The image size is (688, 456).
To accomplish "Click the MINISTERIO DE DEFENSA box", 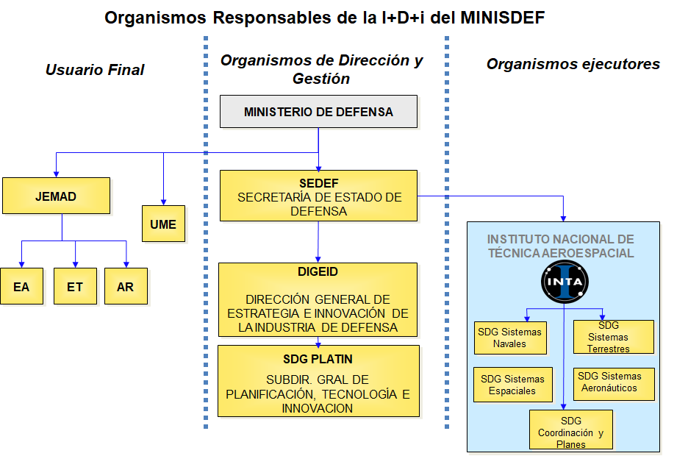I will click(318, 112).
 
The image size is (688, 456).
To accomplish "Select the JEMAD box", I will click(56, 196).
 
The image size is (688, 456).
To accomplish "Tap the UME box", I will click(163, 224).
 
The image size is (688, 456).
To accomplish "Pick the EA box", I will click(21, 286).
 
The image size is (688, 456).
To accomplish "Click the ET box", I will click(75, 286).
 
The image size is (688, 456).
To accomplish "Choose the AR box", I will click(126, 286).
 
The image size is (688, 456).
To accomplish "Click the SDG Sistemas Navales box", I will click(509, 338).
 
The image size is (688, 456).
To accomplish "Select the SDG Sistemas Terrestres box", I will click(613, 337).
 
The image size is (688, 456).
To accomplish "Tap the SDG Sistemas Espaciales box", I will click(512, 385).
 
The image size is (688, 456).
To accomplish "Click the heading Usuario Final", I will click(95, 70).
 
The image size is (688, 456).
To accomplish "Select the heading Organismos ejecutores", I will click(573, 64).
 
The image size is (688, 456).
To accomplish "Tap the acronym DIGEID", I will click(318, 271).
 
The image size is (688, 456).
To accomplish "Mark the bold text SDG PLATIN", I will click(318, 359).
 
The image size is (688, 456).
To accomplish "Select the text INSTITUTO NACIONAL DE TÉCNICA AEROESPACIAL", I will click(560, 246).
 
